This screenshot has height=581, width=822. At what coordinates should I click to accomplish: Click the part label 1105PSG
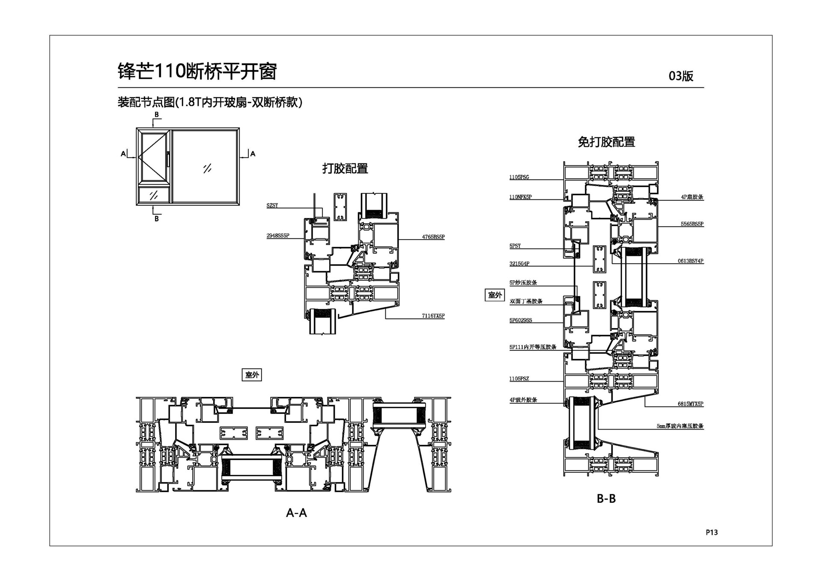pyautogui.click(x=519, y=177)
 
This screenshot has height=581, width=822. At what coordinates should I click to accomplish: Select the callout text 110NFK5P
pyautogui.click(x=520, y=197)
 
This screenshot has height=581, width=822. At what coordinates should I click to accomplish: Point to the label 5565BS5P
pyautogui.click(x=692, y=224)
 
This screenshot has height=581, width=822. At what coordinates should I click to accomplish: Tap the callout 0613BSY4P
pyautogui.click(x=690, y=261)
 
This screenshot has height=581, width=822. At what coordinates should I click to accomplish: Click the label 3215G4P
pyautogui.click(x=519, y=264)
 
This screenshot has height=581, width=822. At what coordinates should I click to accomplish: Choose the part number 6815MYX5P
pyautogui.click(x=690, y=404)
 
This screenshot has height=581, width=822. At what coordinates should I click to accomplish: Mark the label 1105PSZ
pyautogui.click(x=519, y=379)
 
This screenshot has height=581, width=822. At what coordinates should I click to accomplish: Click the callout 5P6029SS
pyautogui.click(x=521, y=320)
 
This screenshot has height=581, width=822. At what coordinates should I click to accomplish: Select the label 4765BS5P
pyautogui.click(x=433, y=237)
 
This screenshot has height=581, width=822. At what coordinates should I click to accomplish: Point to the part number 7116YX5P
pyautogui.click(x=433, y=316)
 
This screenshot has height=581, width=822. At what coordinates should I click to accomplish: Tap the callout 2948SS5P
pyautogui.click(x=278, y=236)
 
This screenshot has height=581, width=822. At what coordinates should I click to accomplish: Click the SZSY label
pyautogui.click(x=272, y=206)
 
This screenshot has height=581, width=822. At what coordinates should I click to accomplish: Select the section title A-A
pyautogui.click(x=296, y=513)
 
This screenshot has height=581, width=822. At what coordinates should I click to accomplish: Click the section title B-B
pyautogui.click(x=606, y=498)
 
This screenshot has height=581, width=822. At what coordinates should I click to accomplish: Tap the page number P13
pyautogui.click(x=712, y=532)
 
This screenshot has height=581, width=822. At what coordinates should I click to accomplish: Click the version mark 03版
pyautogui.click(x=681, y=76)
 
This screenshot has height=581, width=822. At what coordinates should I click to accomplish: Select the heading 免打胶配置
pyautogui.click(x=606, y=142)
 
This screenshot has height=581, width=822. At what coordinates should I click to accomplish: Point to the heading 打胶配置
pyautogui.click(x=345, y=169)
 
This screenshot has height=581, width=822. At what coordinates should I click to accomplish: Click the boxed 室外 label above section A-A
pyautogui.click(x=252, y=375)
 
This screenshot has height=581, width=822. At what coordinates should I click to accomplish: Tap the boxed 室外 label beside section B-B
pyautogui.click(x=495, y=295)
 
